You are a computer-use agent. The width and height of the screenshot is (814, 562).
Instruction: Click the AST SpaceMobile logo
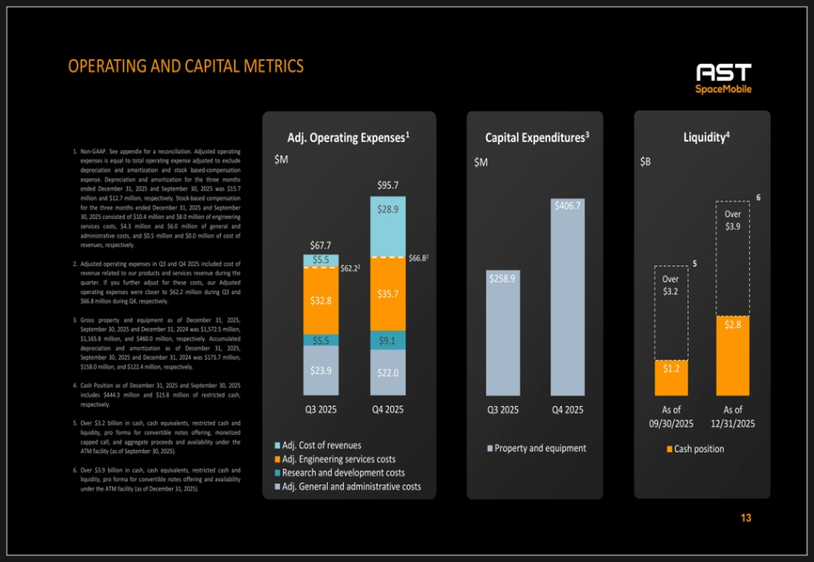pyautogui.click(x=723, y=78)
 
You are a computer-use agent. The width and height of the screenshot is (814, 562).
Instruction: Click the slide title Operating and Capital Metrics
pyautogui.click(x=185, y=67)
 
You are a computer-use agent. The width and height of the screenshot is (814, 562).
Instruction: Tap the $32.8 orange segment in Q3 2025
pyautogui.click(x=321, y=301)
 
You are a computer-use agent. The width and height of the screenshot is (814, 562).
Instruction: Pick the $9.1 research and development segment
pyautogui.click(x=388, y=341)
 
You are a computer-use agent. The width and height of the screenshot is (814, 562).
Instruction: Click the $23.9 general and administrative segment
pyautogui.click(x=321, y=371)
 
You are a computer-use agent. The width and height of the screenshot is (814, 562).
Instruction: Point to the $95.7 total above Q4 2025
pyautogui.click(x=388, y=185)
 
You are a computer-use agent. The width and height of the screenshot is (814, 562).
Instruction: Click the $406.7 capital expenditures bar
pyautogui.click(x=567, y=299)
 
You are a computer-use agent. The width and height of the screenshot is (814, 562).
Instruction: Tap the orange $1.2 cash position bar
pyautogui.click(x=671, y=378)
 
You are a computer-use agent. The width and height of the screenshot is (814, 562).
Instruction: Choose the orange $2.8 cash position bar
pyautogui.click(x=732, y=356)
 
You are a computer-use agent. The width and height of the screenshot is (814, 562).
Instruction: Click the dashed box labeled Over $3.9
pyautogui.click(x=732, y=253)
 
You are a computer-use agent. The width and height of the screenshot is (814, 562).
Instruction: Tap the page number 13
pyautogui.click(x=746, y=518)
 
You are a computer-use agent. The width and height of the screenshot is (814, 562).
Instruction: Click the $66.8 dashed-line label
pyautogui.click(x=419, y=258)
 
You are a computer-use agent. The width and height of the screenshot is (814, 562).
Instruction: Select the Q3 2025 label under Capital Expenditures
pyautogui.click(x=503, y=410)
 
